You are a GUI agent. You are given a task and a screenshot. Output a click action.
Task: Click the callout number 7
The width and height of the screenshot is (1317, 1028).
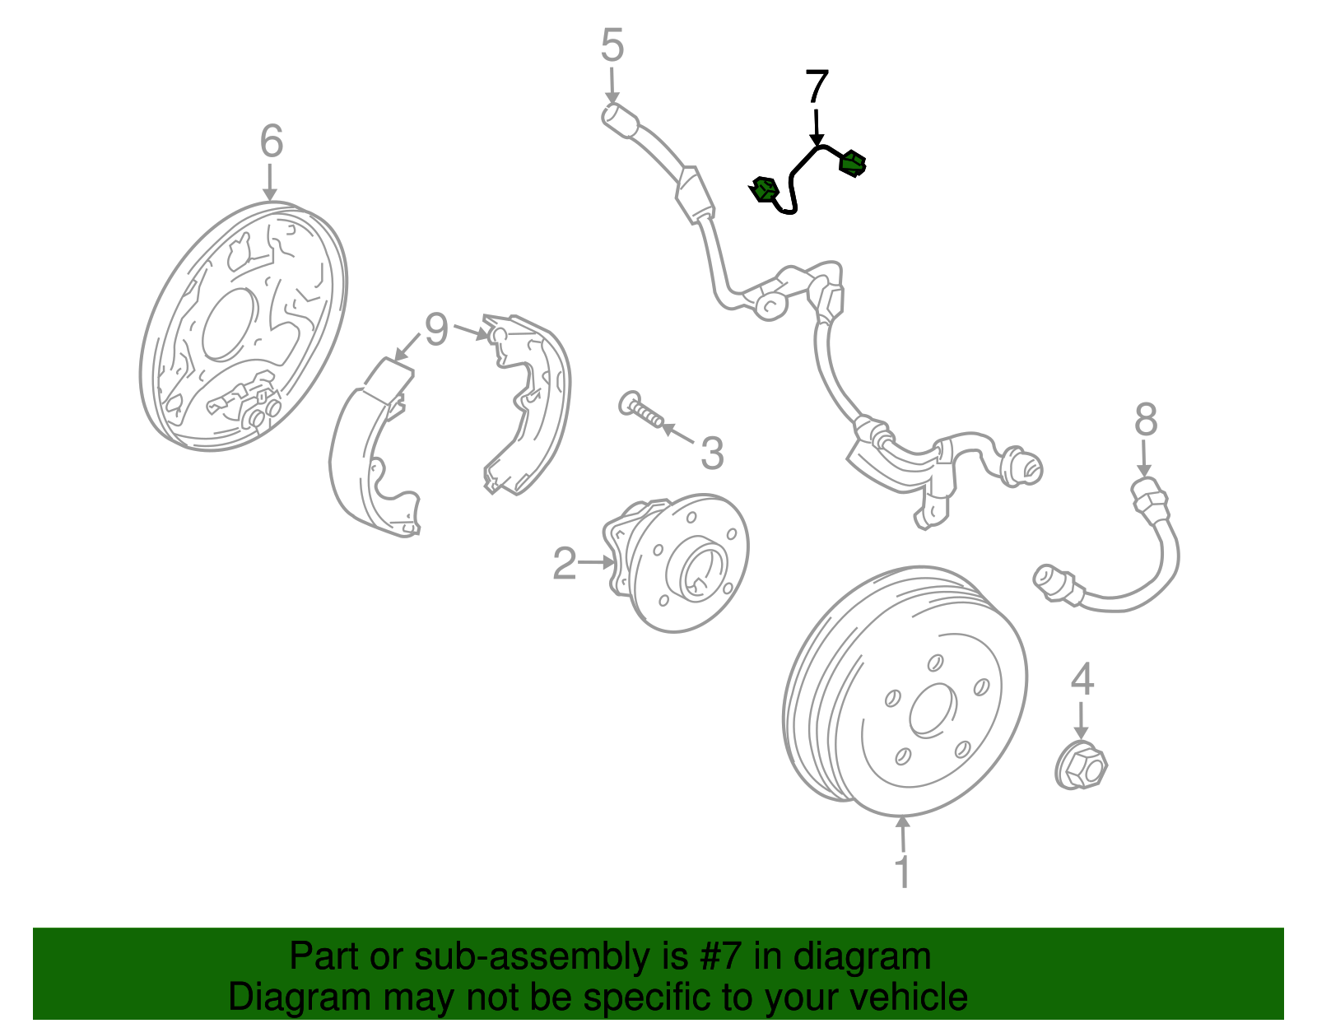[x=817, y=86]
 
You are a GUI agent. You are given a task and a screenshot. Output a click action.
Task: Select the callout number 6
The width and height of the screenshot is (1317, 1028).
[x=272, y=141]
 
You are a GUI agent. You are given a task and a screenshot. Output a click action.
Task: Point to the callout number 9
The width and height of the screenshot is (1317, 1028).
[x=436, y=330]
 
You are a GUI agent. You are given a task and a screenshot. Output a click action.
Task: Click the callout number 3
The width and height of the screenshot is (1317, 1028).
[x=712, y=454]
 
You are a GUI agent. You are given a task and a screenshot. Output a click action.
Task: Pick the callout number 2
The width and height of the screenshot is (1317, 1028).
[x=565, y=563]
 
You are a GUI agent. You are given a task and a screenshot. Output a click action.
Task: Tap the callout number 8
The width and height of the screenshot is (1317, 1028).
[x=1146, y=419]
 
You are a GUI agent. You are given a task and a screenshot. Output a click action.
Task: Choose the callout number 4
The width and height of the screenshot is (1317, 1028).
[x=1082, y=679]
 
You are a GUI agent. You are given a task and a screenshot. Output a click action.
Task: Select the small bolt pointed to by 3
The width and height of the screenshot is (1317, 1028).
[x=641, y=410]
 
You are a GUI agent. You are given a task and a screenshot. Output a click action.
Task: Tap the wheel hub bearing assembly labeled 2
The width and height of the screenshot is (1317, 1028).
[x=676, y=563]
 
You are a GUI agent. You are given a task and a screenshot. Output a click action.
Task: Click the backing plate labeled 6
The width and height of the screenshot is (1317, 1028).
[x=244, y=326]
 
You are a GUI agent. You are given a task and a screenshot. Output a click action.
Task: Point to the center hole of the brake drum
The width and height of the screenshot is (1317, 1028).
[x=933, y=710]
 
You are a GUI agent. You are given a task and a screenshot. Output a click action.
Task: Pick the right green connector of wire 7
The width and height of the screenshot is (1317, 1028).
[x=852, y=164]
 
